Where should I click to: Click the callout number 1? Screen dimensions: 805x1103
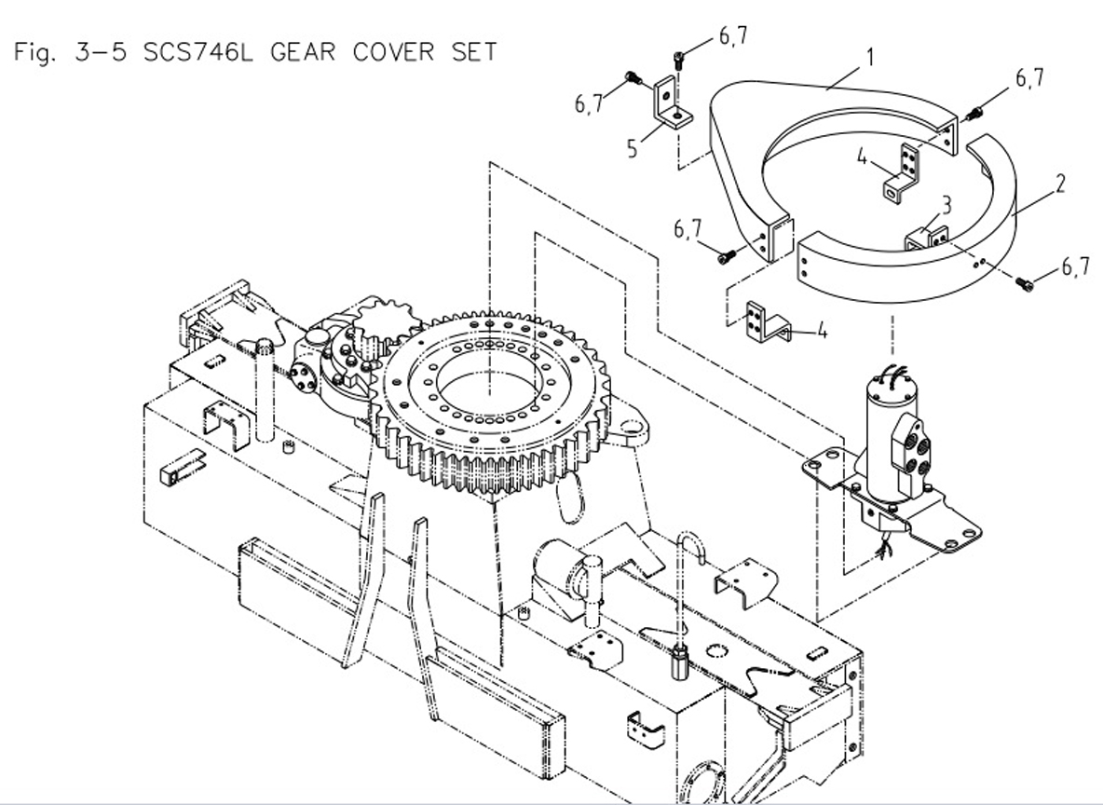(x=869, y=58)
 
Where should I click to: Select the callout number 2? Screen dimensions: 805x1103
(x=1060, y=184)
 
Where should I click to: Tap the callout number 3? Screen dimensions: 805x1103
(x=945, y=206)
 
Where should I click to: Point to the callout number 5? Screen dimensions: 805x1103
(x=633, y=148)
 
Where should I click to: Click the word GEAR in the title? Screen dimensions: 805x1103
(x=304, y=51)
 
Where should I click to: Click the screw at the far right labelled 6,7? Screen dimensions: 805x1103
(x=1025, y=280)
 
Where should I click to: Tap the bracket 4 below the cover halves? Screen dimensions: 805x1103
(x=767, y=321)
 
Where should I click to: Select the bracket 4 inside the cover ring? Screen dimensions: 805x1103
(x=903, y=172)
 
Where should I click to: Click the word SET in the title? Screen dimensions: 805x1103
(x=474, y=51)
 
